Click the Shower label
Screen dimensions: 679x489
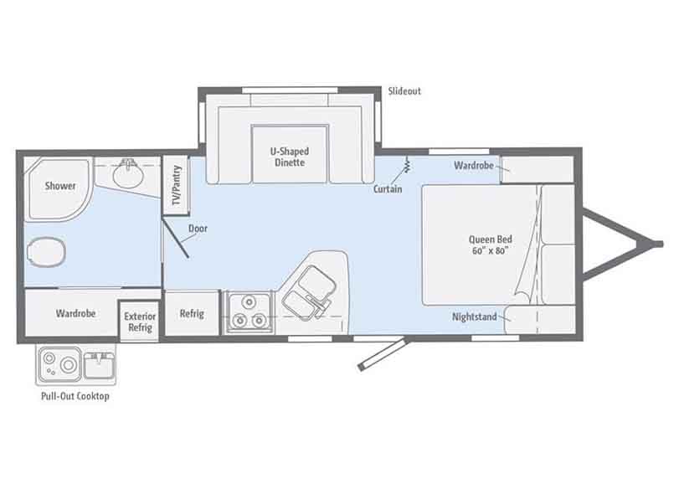tap(60, 186)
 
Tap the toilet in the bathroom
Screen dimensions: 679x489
tap(46, 252)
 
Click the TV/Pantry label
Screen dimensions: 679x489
tap(177, 185)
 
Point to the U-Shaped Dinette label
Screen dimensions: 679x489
tap(290, 157)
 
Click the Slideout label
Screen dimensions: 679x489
tap(404, 91)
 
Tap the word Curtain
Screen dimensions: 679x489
tap(388, 189)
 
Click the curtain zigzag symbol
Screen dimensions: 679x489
tap(407, 165)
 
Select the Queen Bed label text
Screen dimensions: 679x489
tap(490, 244)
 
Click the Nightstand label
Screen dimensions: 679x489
tap(474, 317)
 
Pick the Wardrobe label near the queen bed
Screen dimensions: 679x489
tap(474, 166)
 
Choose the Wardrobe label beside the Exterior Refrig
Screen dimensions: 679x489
tap(75, 313)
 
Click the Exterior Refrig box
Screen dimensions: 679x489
tap(140, 322)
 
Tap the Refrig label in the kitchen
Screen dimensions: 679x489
tap(192, 314)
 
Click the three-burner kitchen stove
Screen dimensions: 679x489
tap(249, 312)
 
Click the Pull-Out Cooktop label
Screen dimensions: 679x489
tap(75, 396)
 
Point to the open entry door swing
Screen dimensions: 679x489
tap(383, 355)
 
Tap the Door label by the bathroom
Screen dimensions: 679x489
tap(198, 229)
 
